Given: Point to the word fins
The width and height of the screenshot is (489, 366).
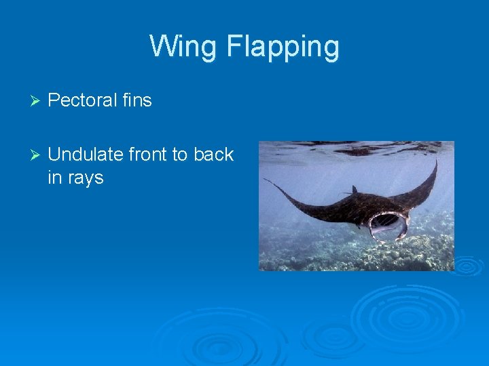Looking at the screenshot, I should (x=137, y=100).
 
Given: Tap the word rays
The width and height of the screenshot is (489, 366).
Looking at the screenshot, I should (x=86, y=178).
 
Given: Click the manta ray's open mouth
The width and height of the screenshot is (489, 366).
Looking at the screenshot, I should (x=388, y=226).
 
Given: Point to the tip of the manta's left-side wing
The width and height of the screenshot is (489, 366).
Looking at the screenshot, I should (x=266, y=180).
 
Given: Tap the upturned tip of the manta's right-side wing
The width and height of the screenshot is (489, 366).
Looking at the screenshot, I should (x=435, y=162).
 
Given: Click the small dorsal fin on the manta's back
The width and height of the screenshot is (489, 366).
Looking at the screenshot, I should (x=355, y=190).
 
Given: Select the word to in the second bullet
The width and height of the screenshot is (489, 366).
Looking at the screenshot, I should (x=180, y=155).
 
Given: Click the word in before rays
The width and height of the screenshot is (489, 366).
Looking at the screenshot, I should (x=54, y=178).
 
